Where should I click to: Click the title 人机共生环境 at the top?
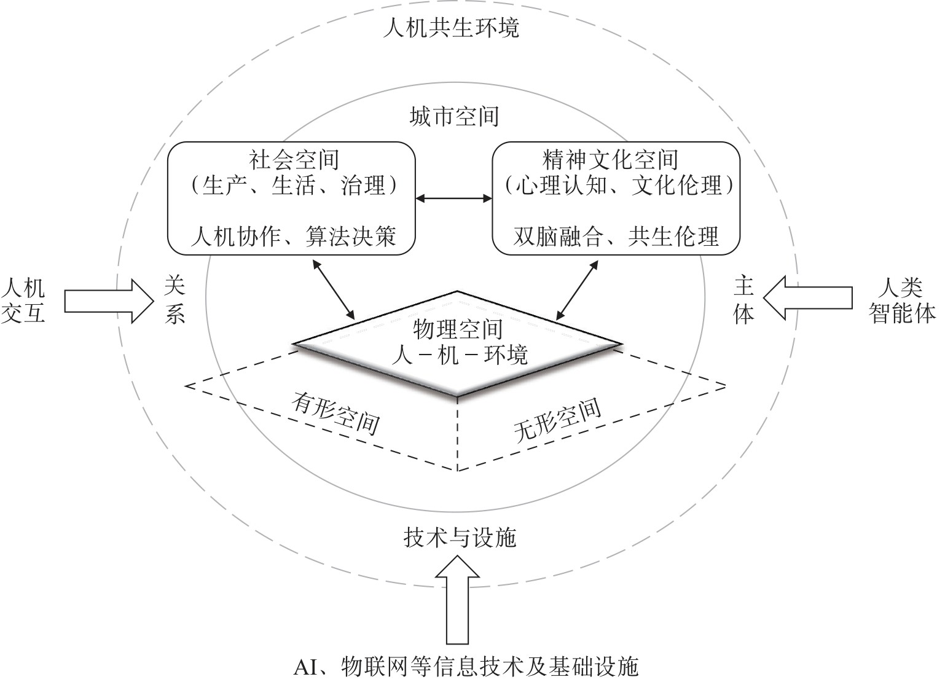click(451, 28)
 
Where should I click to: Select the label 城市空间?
click(454, 116)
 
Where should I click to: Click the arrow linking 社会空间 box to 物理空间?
click(334, 289)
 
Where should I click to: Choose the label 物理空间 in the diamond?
click(458, 330)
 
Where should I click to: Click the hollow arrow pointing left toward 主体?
click(807, 297)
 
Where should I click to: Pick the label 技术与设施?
click(460, 538)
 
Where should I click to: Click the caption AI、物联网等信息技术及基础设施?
click(466, 667)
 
